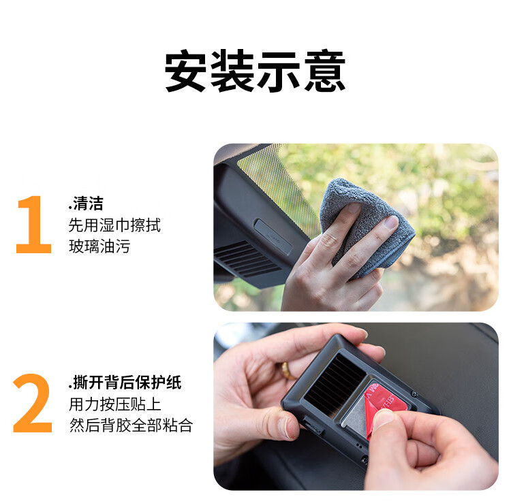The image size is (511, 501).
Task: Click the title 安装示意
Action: pos(255,71)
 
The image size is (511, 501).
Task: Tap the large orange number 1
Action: pos(34,224)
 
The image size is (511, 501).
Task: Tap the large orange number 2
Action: pos(33,403)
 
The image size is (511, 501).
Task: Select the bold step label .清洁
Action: pos(86,204)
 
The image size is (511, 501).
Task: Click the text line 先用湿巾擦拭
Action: pos(114,225)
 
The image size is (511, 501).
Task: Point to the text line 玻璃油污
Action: pos(99,246)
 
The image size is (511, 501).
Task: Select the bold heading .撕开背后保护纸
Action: pos(125,382)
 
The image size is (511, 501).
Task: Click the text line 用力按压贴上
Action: pos(114,404)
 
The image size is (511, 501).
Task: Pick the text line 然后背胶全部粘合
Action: pos(131,425)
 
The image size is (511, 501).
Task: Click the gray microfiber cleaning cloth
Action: pos(365,225)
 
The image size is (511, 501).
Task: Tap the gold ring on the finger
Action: pos(288,371)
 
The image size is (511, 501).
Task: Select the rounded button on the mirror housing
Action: pos(273,237)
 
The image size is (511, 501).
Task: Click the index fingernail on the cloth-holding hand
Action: pos(391,223)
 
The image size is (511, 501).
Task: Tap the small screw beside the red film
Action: pos(414,394)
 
